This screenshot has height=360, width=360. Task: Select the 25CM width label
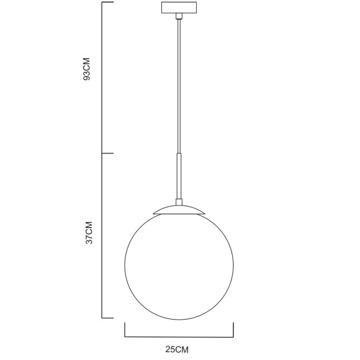point(178,349)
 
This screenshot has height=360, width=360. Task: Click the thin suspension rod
point(179,87)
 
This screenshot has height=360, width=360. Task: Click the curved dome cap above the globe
point(179,209)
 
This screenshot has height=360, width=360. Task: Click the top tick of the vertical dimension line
point(107,2)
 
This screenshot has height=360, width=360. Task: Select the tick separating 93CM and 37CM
point(107,153)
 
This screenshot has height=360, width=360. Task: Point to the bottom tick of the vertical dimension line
point(107,317)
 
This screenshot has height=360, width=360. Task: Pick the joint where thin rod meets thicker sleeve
point(179,155)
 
